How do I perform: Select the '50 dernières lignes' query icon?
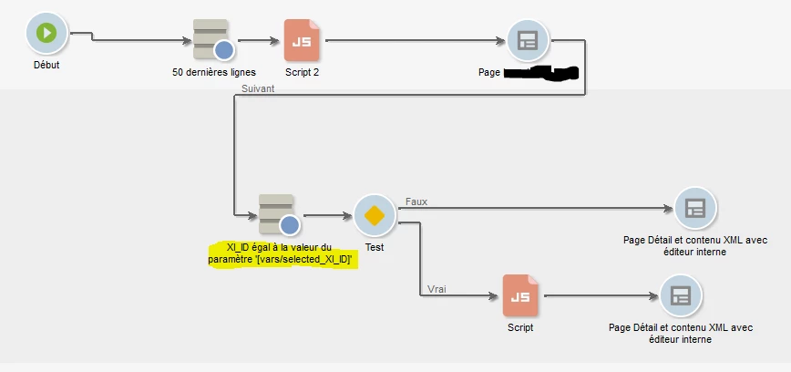(x=212, y=39)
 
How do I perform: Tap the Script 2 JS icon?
(x=302, y=40)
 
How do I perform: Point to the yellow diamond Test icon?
(x=373, y=216)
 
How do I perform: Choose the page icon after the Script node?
(x=680, y=296)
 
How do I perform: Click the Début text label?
(x=46, y=65)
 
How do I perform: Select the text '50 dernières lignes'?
(x=214, y=71)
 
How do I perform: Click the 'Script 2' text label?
(x=303, y=71)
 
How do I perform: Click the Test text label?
(x=374, y=247)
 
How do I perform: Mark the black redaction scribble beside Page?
(x=542, y=72)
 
